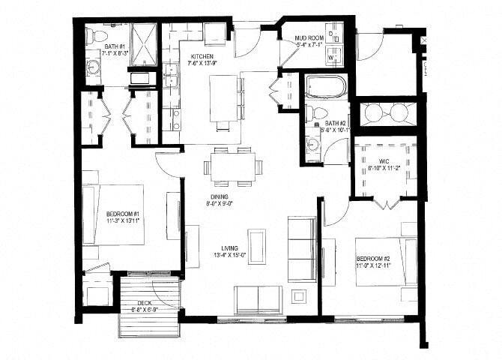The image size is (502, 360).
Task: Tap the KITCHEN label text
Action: (x=203, y=57)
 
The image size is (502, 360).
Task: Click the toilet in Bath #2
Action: (x=318, y=113)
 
